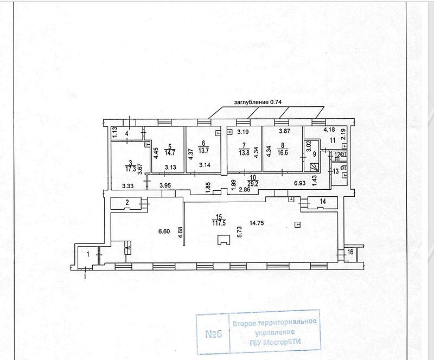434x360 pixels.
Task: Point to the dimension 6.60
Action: click(165, 232)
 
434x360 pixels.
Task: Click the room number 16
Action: click(350, 252)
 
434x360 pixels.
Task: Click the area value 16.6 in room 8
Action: click(281, 153)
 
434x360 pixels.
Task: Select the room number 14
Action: click(323, 202)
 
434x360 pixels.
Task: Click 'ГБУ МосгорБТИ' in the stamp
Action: click(276, 341)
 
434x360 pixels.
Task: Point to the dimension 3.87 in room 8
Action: click(284, 131)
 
